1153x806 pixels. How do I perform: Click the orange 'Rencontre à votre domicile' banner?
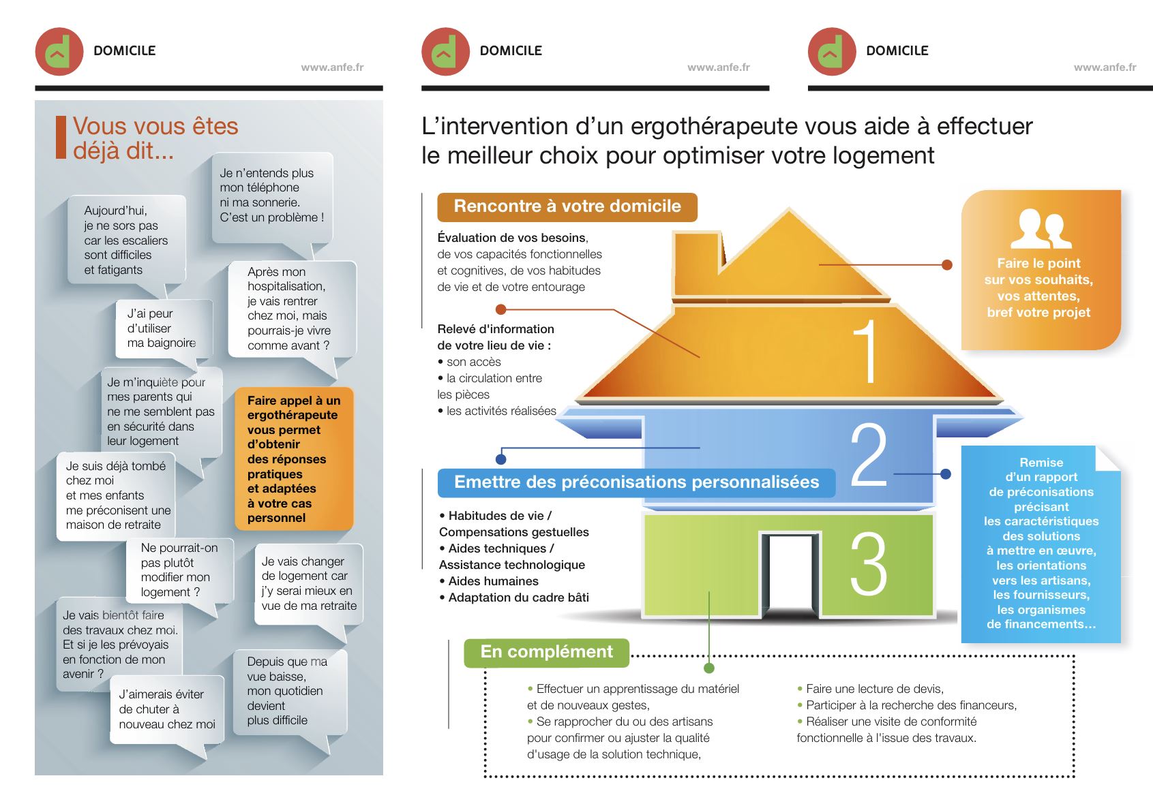click(x=567, y=206)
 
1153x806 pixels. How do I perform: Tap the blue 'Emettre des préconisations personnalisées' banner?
click(x=636, y=482)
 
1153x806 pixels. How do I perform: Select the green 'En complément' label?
click(x=546, y=652)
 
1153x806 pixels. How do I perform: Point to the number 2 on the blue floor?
click(x=868, y=455)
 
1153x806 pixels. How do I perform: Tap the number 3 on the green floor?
click(x=868, y=563)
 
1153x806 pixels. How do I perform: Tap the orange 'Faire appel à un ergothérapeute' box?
click(x=294, y=459)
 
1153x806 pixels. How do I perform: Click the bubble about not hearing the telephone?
click(x=272, y=196)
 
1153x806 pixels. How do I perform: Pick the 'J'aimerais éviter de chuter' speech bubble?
click(x=167, y=710)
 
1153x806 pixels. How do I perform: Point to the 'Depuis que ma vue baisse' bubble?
click(x=288, y=691)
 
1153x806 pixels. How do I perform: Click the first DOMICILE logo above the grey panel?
click(x=59, y=52)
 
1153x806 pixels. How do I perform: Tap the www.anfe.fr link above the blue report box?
click(x=1105, y=67)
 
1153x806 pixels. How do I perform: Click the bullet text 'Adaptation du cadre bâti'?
click(x=518, y=598)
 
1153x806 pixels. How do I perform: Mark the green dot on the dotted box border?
click(x=709, y=668)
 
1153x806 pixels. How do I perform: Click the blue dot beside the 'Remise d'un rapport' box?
click(x=945, y=474)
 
